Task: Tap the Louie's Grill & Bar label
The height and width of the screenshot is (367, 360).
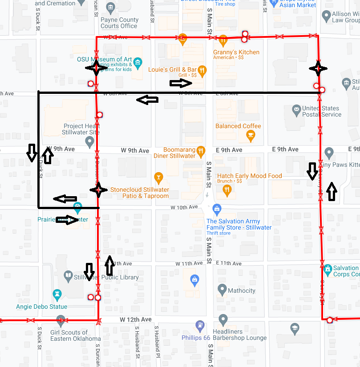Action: pos(172,70)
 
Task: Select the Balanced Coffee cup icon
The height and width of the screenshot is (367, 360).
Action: pos(251,135)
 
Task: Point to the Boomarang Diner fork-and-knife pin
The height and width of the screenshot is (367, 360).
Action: pos(201,150)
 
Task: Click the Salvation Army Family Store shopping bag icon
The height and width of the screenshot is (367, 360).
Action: pos(217,209)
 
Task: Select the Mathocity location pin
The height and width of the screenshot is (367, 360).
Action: pos(222,290)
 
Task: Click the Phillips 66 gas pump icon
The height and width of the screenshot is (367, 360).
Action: pos(200,326)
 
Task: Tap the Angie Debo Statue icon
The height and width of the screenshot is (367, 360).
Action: pos(57,294)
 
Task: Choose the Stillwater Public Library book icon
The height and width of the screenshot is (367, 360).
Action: pos(68,277)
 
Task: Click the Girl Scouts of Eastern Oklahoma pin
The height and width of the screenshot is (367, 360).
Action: pos(61,320)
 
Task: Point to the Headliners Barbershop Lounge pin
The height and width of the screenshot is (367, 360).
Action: pos(223,319)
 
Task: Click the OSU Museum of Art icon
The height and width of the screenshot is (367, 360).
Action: pos(138,61)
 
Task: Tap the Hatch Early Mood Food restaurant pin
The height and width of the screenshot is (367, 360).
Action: pos(227,190)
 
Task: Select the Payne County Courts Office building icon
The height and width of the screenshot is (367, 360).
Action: pos(111,8)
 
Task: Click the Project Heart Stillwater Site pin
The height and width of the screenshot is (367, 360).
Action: pos(90,142)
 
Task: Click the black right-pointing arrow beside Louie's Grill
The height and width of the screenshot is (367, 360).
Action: pos(181,83)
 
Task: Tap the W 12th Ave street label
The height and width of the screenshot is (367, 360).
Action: pos(135,319)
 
